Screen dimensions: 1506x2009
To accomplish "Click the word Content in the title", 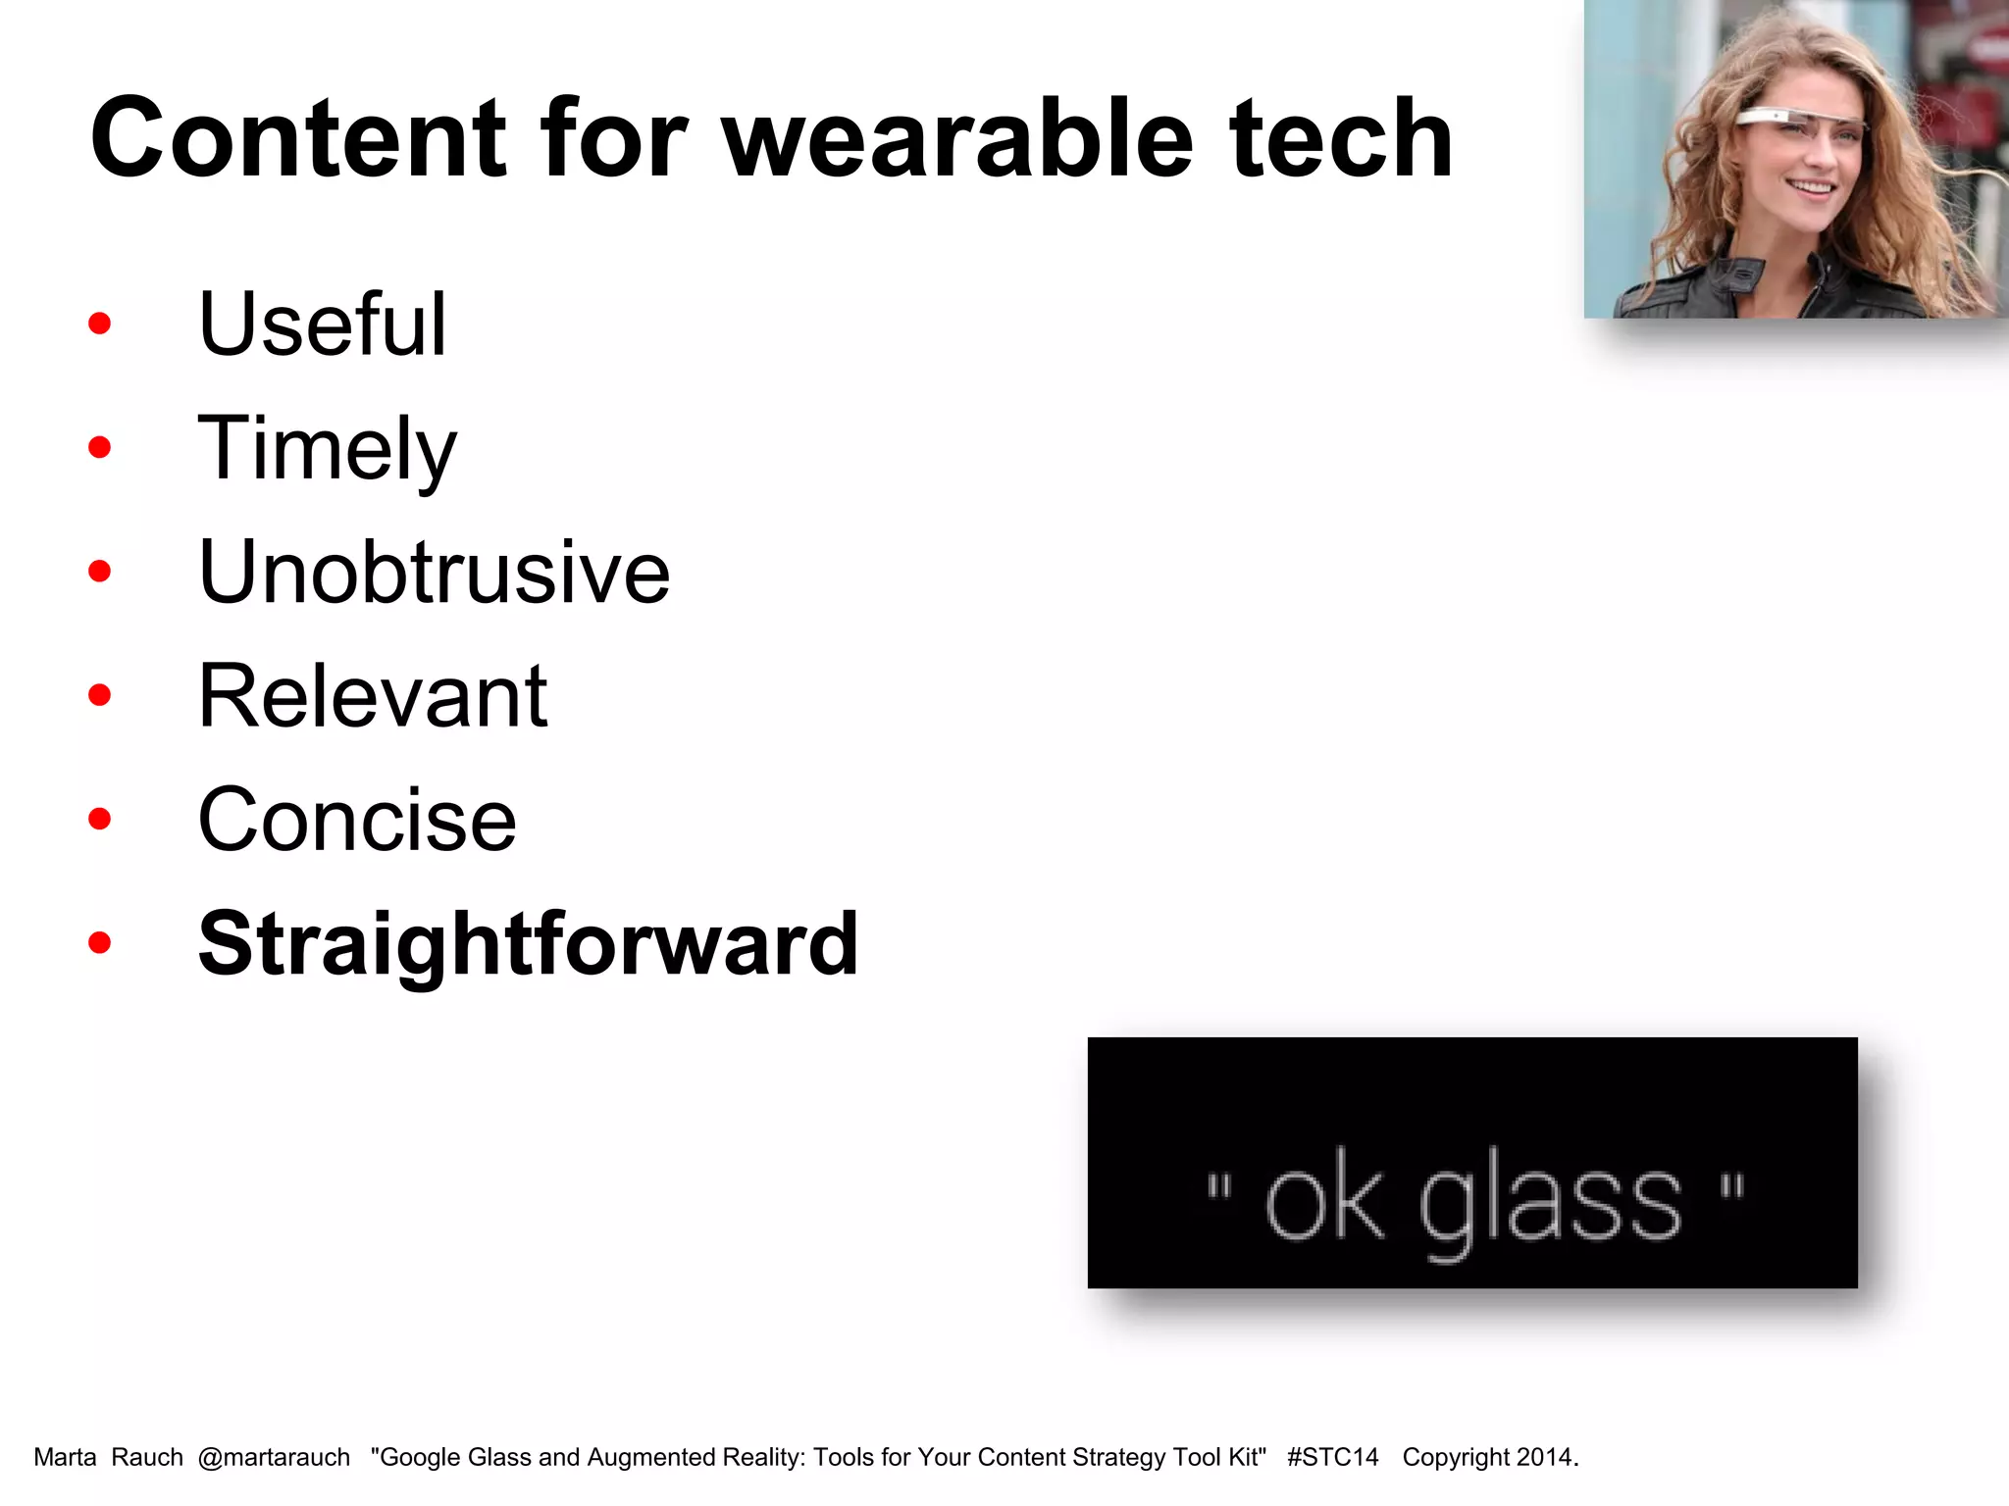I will click(x=299, y=139).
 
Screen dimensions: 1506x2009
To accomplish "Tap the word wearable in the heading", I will click(x=957, y=139).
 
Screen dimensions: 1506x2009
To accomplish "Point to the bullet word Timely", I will click(x=327, y=449).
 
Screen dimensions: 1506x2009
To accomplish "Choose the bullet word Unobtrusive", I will click(x=434, y=572).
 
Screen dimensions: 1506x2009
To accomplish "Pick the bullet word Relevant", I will click(x=372, y=696).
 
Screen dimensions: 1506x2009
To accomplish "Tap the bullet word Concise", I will click(x=357, y=820).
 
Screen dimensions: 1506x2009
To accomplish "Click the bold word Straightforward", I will click(x=528, y=943).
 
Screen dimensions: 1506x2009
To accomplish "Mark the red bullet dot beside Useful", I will click(x=99, y=324).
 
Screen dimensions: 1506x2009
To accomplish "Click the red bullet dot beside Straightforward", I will click(x=99, y=943).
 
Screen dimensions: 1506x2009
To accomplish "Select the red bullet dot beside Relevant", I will click(x=99, y=696).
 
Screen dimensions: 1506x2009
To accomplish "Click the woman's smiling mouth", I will click(x=1810, y=186).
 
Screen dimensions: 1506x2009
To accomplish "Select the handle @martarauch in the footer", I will click(x=274, y=1458).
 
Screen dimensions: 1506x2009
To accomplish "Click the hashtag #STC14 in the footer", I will click(x=1332, y=1458).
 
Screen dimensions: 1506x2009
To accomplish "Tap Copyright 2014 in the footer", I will click(x=1488, y=1458).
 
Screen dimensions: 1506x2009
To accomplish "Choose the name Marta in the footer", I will click(x=65, y=1458).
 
